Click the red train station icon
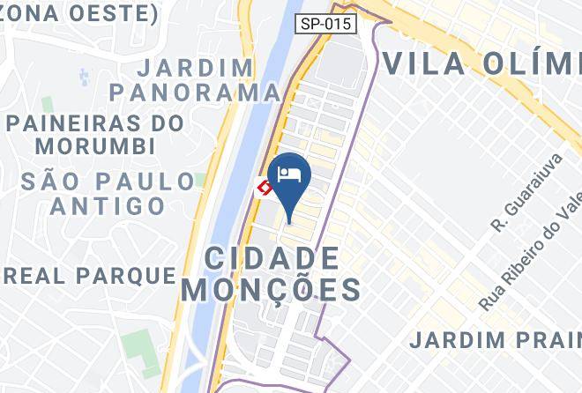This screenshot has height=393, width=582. pos(264,187)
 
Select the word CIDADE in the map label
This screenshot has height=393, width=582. pos(272,259)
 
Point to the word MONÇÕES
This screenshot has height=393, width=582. pos(271,290)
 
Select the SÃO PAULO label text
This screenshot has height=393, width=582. pos(107,182)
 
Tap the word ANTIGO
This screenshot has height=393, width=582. pos(108,206)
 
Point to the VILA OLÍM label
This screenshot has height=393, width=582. pos(481,63)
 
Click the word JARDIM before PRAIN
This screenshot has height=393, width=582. pos(458,339)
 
